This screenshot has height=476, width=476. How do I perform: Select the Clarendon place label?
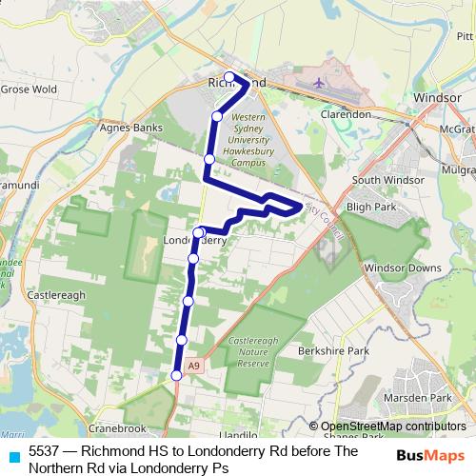coord(345,114)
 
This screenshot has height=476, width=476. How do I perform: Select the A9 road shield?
coord(193,365)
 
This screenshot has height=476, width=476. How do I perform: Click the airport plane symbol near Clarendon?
coord(320,83)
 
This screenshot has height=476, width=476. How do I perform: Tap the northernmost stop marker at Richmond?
coord(229,77)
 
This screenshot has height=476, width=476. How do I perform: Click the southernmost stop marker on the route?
coord(176,376)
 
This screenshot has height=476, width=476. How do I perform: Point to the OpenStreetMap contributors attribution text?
coord(394,426)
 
